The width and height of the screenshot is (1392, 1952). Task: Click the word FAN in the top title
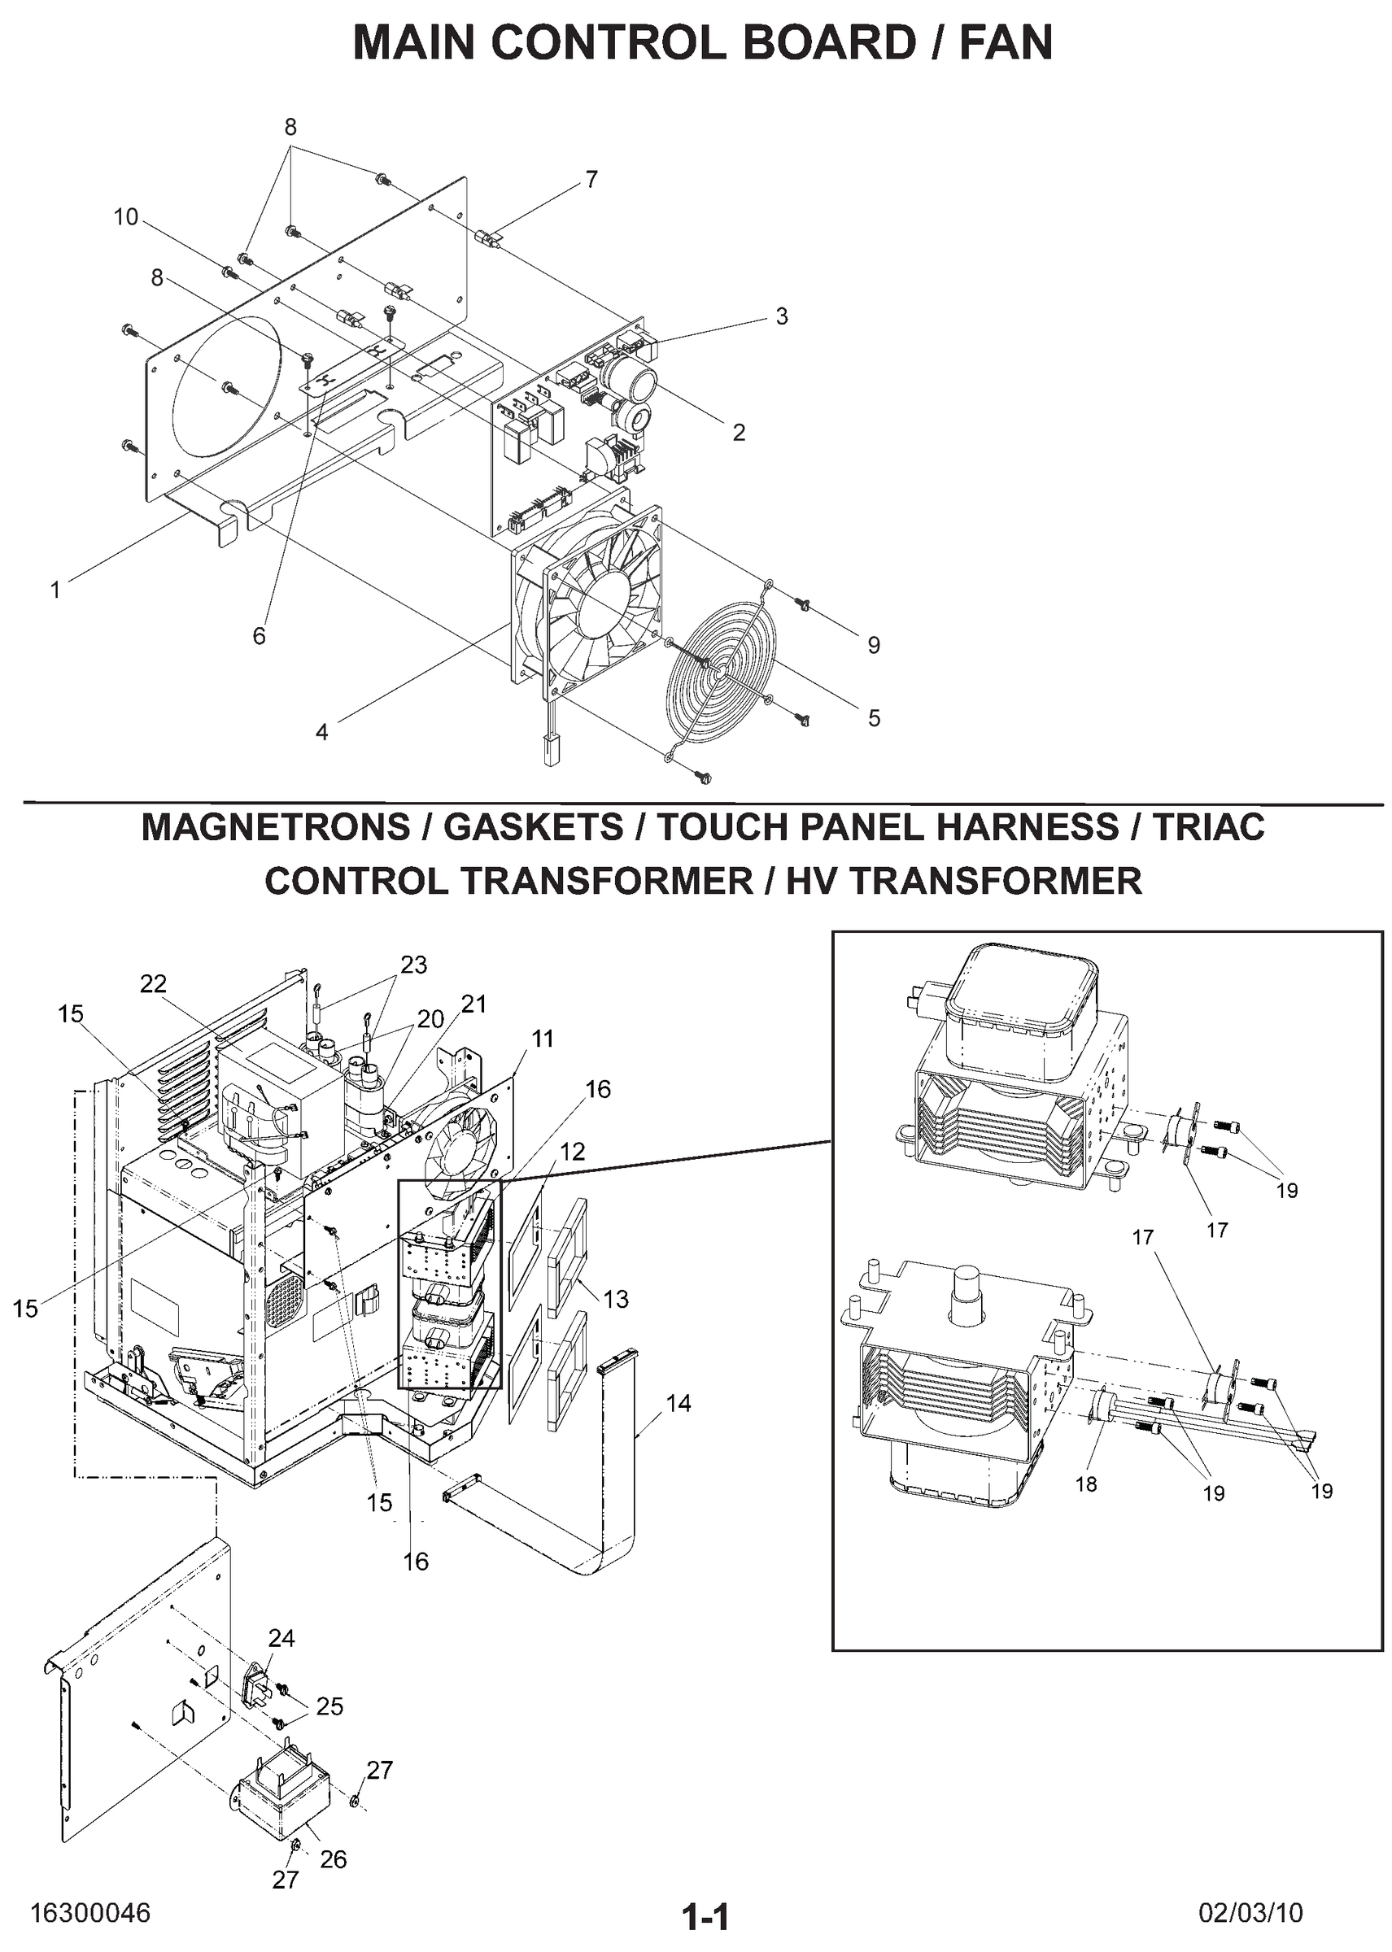point(1005,43)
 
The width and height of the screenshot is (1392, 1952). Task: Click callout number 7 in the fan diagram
point(591,180)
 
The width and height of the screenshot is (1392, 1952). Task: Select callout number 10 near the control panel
point(126,218)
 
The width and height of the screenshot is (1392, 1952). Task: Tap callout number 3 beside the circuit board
point(781,316)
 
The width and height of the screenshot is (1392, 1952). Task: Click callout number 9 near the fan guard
point(874,645)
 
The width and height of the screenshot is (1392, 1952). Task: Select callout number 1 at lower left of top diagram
point(55,590)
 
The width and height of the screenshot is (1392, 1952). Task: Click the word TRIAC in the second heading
point(1209,828)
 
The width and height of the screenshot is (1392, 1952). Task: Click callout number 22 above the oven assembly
point(154,983)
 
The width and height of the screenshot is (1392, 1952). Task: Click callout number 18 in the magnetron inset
point(1086,1484)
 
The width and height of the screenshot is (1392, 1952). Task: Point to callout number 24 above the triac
point(281,1638)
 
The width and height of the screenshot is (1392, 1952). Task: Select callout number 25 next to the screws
point(329,1706)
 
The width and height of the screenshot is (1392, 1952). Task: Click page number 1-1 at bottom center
point(705,1915)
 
